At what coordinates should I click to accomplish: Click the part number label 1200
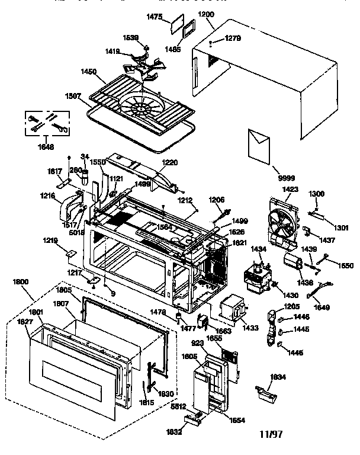206,14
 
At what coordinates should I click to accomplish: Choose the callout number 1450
89,72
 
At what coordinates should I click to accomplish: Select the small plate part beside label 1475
176,25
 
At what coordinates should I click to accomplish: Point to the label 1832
173,432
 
